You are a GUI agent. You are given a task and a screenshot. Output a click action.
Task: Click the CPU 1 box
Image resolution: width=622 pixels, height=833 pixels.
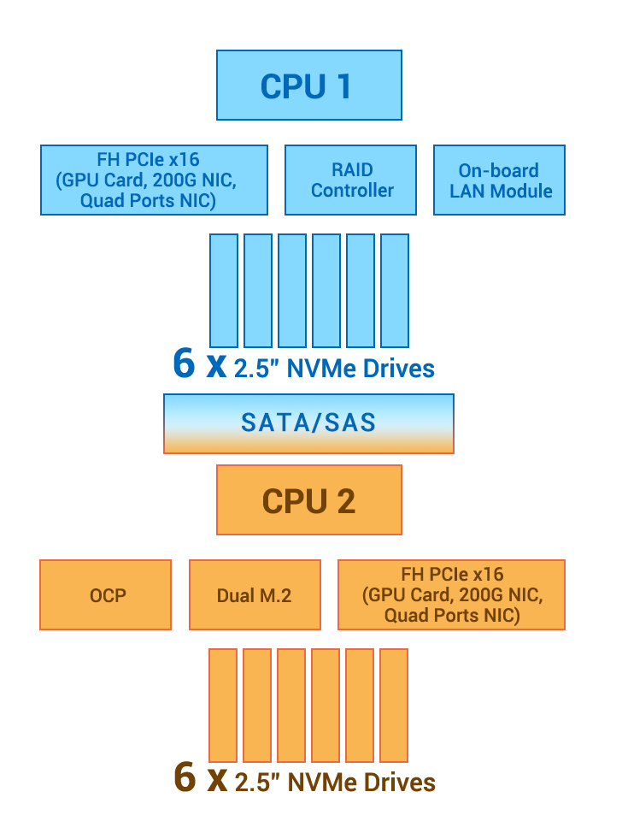tap(308, 85)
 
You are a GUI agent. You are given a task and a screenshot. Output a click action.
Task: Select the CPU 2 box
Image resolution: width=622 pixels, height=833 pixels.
tap(308, 500)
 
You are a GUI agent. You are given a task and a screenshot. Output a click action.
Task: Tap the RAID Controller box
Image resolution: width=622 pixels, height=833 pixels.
tap(350, 180)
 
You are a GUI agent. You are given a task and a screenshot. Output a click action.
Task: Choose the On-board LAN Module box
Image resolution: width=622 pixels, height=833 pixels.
tap(499, 180)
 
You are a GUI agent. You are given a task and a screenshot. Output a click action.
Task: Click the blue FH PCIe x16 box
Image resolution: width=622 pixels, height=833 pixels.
tap(154, 180)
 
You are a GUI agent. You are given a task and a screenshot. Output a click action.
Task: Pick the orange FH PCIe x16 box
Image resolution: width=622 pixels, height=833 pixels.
tap(451, 594)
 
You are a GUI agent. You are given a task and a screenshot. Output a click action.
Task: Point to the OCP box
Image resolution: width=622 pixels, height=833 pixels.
tap(106, 594)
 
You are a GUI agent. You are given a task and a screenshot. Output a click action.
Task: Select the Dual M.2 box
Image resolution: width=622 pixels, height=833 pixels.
tap(255, 594)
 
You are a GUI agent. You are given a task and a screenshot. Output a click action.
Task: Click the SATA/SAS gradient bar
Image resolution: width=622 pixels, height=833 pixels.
tap(308, 422)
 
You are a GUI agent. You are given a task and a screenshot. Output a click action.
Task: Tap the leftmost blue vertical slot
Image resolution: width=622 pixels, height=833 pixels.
tap(224, 290)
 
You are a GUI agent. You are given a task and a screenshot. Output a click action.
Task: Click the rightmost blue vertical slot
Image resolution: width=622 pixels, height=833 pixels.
tap(395, 290)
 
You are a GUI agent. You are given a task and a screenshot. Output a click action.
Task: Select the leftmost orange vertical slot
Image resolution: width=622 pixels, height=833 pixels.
tap(223, 705)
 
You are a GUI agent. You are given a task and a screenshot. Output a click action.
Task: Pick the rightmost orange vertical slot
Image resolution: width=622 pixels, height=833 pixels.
tap(394, 705)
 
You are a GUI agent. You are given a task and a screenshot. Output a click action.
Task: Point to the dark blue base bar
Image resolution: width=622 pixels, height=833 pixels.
tap(299, 363)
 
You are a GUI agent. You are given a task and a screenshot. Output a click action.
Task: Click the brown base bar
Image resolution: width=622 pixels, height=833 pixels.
tap(299, 777)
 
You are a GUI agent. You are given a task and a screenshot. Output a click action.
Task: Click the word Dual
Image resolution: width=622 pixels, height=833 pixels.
tap(235, 595)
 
